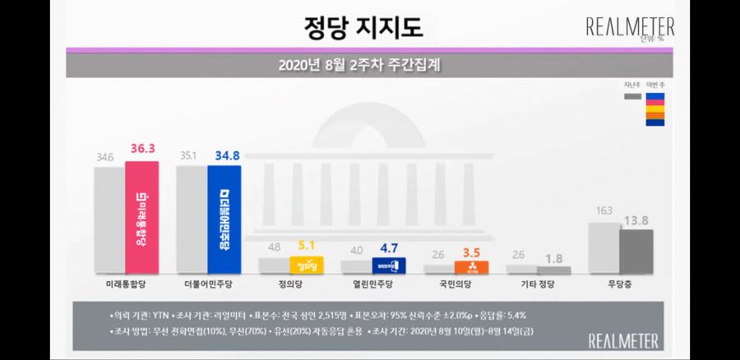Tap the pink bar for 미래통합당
click(141, 217)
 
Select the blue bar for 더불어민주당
click(224, 219)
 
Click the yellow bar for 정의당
click(307, 265)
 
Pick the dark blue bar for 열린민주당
click(389, 265)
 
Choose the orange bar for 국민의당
click(472, 267)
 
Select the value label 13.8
click(636, 220)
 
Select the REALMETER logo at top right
click(630, 27)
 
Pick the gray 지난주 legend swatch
click(632, 96)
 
